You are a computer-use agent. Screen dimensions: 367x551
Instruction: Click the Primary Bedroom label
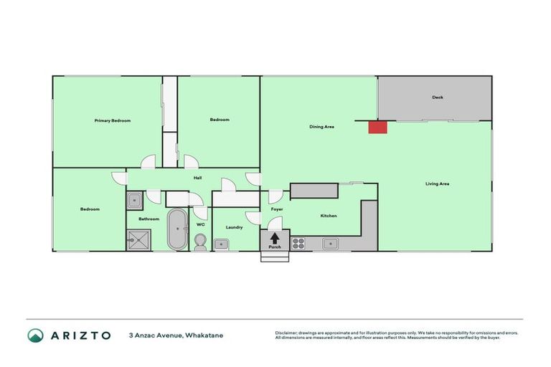pyautogui.click(x=113, y=121)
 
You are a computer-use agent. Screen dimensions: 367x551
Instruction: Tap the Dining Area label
pyautogui.click(x=321, y=127)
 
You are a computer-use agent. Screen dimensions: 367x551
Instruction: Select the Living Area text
pyautogui.click(x=437, y=184)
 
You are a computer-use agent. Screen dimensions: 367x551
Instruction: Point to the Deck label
pyautogui.click(x=437, y=98)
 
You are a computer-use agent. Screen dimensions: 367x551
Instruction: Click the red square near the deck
pyautogui.click(x=377, y=127)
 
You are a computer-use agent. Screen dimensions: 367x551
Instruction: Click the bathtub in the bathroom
pyautogui.click(x=176, y=229)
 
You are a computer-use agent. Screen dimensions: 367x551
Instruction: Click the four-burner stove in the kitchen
pyautogui.click(x=298, y=243)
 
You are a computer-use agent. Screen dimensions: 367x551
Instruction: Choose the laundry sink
pyautogui.click(x=222, y=244)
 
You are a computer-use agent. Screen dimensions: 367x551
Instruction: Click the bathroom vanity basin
pyautogui.click(x=135, y=200)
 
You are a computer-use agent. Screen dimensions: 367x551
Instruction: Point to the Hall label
pyautogui.click(x=197, y=178)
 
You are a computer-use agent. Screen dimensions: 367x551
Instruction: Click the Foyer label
pyautogui.click(x=277, y=209)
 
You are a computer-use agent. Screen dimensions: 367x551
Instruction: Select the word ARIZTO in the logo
pyautogui.click(x=80, y=335)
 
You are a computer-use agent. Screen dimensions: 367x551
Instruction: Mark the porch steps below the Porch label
pyautogui.click(x=275, y=257)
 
